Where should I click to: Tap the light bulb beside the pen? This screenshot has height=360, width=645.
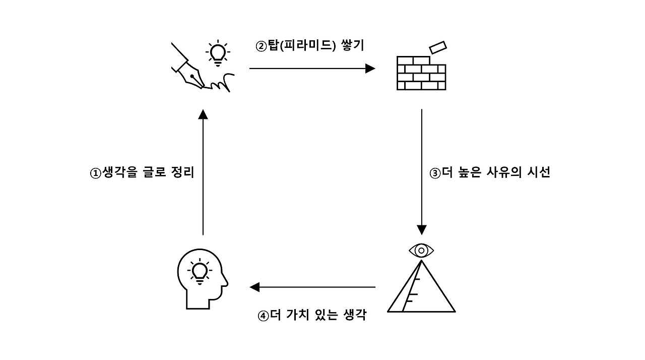[218, 53]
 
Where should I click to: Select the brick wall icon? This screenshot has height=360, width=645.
[421, 73]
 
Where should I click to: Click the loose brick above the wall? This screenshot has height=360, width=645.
[438, 47]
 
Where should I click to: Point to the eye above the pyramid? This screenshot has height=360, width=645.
[421, 250]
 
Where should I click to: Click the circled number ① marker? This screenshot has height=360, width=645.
[96, 173]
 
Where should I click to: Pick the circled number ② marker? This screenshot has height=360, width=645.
[261, 46]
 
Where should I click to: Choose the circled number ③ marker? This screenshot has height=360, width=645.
[435, 173]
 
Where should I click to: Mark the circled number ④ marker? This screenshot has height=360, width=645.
[264, 317]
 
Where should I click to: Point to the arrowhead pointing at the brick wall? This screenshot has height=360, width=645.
[371, 68]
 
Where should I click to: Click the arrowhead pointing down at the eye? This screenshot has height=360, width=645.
[422, 230]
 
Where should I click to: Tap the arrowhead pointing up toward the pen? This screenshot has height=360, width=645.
[203, 114]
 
